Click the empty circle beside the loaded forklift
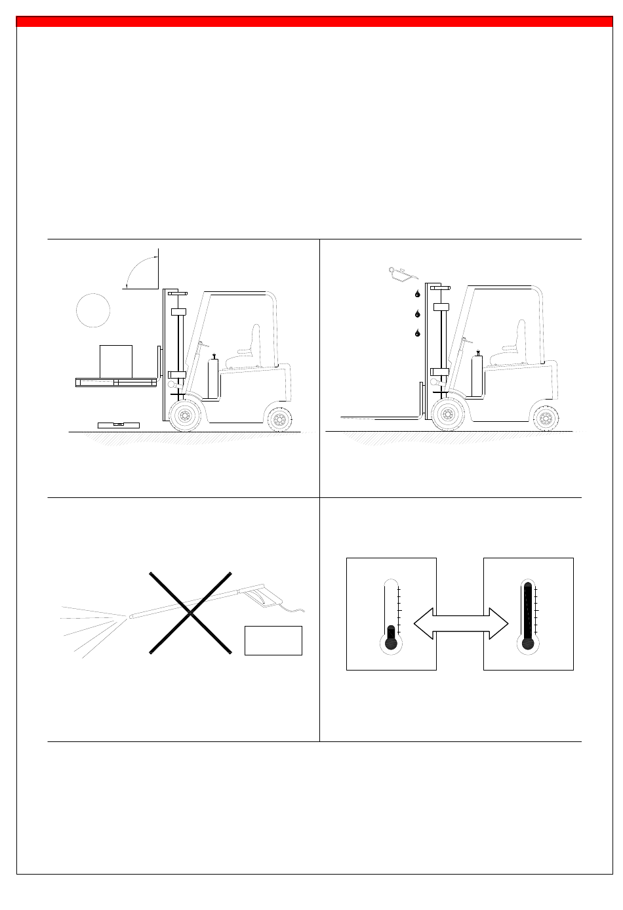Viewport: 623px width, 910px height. [92, 310]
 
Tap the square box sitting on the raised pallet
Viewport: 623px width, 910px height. [116, 362]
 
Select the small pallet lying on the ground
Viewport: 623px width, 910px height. [119, 424]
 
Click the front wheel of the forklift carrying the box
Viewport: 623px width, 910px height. [186, 416]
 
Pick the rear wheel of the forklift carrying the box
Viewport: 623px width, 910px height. [280, 420]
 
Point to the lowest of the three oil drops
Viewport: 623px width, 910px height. [416, 333]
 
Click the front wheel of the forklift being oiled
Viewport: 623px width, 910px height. [448, 416]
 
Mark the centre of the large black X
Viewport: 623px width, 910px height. [190, 613]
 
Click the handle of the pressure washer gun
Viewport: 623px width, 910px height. [264, 596]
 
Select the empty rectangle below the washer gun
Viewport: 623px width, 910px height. [273, 640]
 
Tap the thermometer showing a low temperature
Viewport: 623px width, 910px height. [391, 617]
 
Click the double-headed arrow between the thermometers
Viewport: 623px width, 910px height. [461, 623]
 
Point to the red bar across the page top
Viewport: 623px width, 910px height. [314, 22]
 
